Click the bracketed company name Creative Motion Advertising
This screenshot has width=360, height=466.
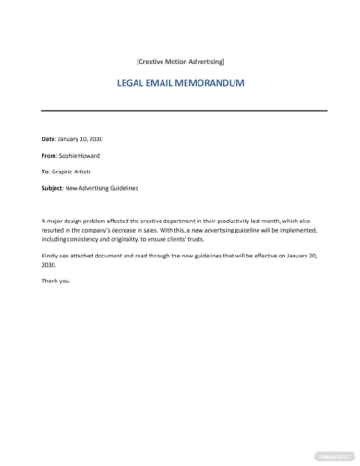[180, 62]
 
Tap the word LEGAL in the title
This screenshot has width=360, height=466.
[134, 82]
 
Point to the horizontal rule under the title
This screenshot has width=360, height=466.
[180, 111]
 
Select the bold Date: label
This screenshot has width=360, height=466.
[49, 138]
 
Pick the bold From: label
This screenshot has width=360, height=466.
[50, 155]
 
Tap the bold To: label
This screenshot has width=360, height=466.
[46, 172]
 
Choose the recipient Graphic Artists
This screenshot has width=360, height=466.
[78, 172]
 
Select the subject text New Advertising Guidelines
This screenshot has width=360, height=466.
[102, 188]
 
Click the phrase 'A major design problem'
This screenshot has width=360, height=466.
[78, 221]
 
